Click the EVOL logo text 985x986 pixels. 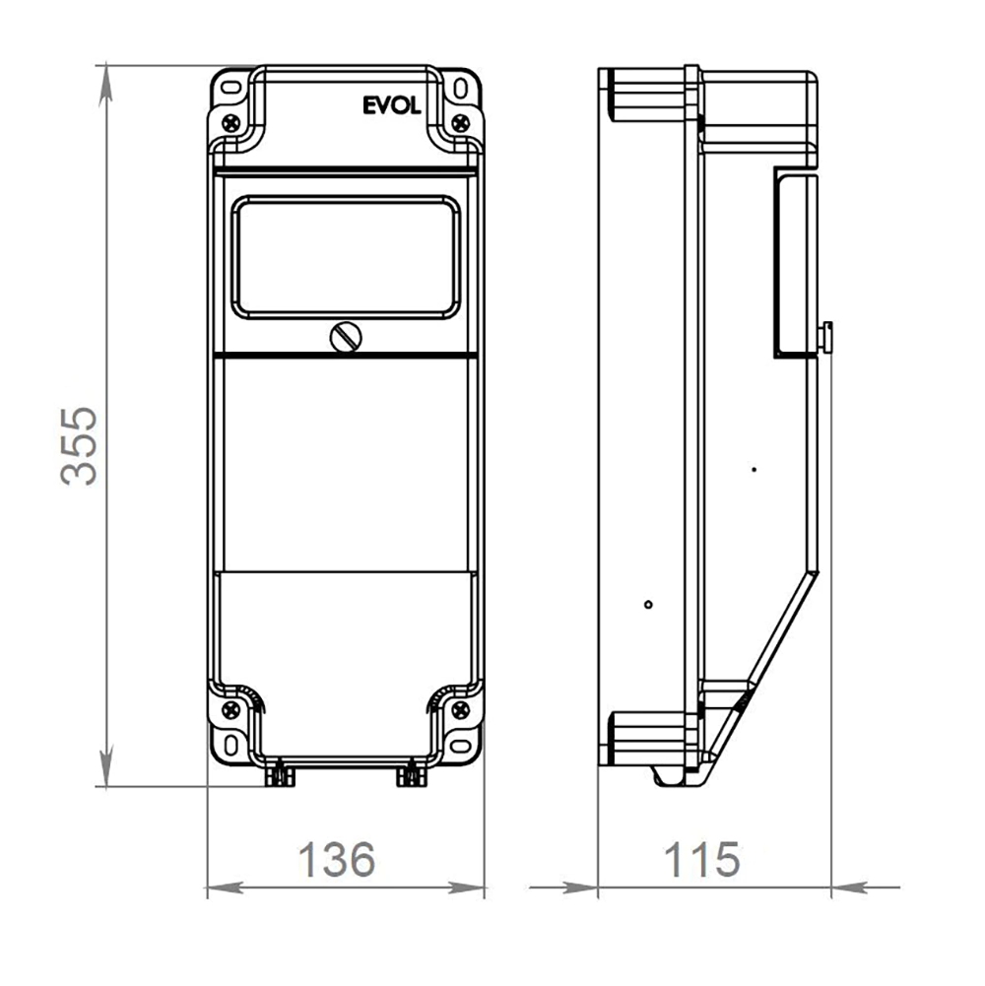391,105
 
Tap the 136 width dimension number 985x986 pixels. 337,860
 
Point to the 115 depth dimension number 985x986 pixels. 701,860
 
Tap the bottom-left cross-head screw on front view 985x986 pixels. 231,707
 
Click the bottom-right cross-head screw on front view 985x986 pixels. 459,707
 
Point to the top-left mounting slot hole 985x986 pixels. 231,86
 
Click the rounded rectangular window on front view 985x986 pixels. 346,256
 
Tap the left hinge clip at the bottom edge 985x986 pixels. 281,777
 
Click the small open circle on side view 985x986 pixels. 647,604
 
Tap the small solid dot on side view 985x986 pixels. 754,470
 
